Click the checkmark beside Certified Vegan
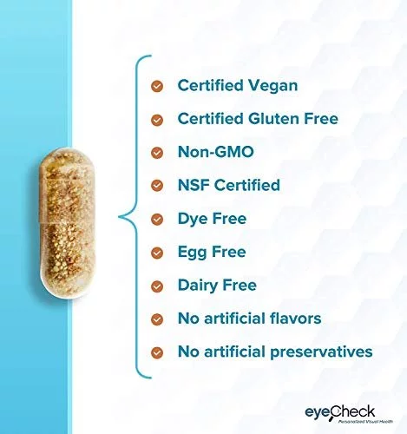(157, 86)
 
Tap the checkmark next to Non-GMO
(157, 153)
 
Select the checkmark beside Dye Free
(157, 219)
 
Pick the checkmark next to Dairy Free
(157, 286)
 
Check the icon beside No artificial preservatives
(157, 352)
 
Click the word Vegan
(272, 87)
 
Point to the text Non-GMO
(216, 152)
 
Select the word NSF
(194, 185)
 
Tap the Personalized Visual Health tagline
(365, 421)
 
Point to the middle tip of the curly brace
(119, 216)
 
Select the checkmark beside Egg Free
(157, 253)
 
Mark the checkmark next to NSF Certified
(157, 186)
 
